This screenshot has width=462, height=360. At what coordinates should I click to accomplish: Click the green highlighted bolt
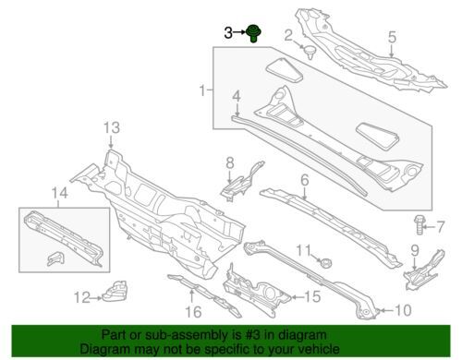(254, 33)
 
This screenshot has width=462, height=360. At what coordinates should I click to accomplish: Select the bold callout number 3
(228, 33)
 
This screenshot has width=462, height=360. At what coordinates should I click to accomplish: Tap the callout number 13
(112, 127)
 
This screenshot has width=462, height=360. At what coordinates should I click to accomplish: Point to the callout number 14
(59, 193)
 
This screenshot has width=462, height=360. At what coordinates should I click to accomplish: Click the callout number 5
(392, 37)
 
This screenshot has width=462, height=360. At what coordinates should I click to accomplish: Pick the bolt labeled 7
(419, 225)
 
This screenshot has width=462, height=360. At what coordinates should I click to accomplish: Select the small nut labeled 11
(324, 263)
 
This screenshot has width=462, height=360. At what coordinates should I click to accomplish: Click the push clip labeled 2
(310, 53)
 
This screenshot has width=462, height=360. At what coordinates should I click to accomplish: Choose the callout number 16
(193, 312)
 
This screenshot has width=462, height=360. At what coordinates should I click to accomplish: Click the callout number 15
(312, 297)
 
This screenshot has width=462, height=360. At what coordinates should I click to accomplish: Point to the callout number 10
(402, 310)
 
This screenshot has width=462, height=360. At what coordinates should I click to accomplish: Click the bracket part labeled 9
(425, 270)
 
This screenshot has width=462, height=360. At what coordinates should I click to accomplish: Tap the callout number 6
(304, 180)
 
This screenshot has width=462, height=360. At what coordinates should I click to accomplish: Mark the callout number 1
(202, 91)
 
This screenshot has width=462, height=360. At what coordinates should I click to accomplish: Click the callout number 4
(237, 97)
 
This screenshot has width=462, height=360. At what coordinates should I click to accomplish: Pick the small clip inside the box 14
(56, 258)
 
